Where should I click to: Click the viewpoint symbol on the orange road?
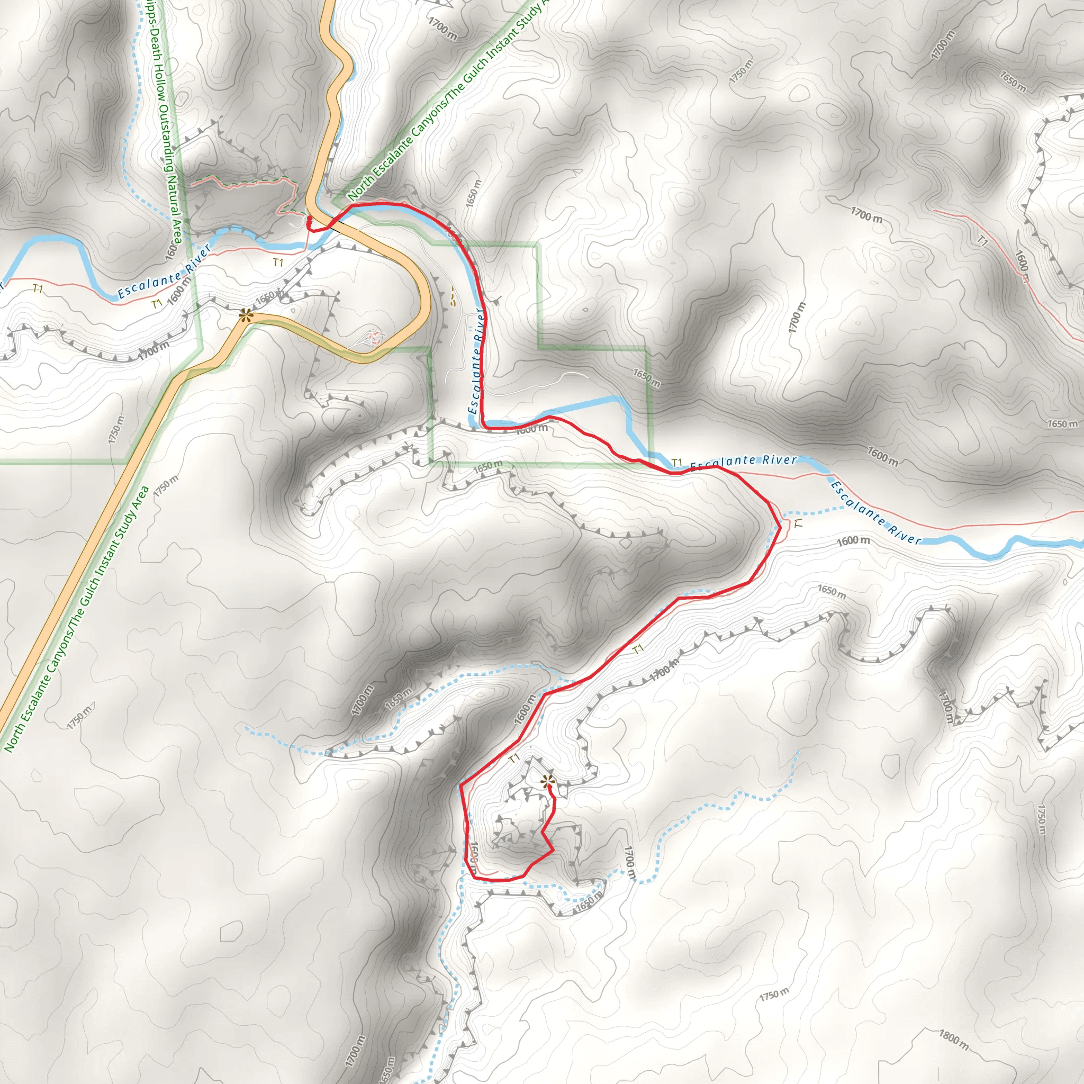click(245, 315)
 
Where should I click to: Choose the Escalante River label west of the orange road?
click(164, 272)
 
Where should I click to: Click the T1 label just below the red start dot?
click(278, 262)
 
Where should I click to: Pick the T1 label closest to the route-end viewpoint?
click(514, 758)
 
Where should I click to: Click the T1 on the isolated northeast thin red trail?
click(982, 241)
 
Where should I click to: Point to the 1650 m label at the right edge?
click(1062, 423)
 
